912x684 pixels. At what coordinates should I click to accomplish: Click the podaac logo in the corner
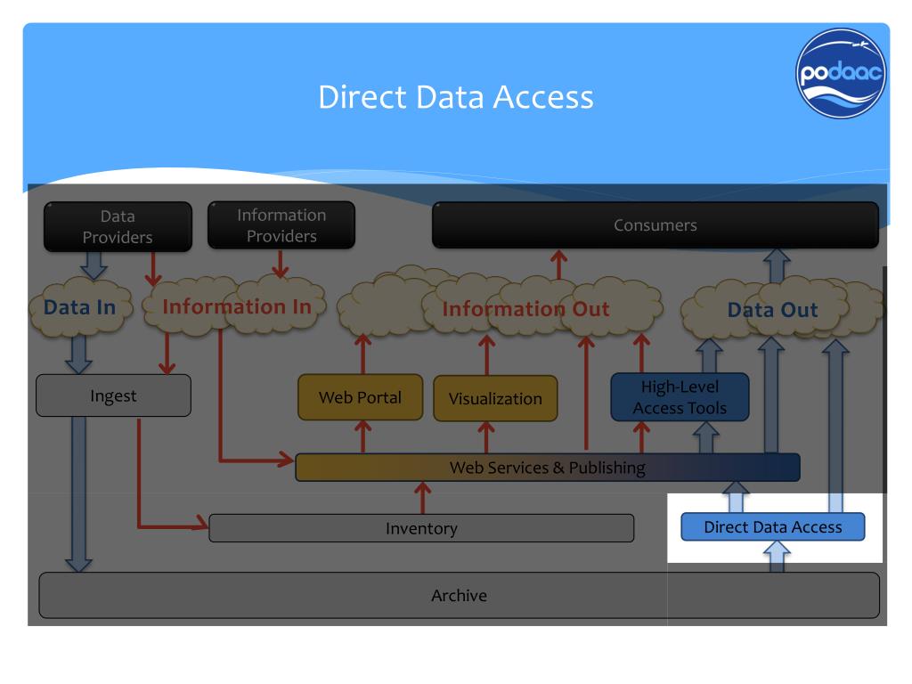coord(841,74)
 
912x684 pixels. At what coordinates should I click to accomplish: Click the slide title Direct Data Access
coord(455,96)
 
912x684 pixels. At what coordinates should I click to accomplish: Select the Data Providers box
coord(118,226)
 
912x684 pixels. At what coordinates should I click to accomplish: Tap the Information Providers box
coord(281,225)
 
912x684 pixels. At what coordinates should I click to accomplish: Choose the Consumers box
coord(655,225)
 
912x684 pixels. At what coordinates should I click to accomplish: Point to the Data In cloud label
coord(80,308)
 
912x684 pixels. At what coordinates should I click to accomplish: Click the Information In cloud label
coord(237,307)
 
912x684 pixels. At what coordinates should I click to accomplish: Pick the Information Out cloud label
coord(525,310)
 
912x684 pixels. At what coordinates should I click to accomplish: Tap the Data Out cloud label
coord(772,311)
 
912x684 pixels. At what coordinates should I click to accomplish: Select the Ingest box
coord(113,395)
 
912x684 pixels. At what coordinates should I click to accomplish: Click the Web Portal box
coord(360,397)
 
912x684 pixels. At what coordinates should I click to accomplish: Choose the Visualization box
coord(495,398)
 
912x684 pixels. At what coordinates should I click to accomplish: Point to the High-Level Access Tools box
coord(680,397)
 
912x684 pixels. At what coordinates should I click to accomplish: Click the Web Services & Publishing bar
coord(547,468)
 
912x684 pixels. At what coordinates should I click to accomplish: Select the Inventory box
coord(421,528)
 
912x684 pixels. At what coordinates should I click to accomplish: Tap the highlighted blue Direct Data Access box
coord(772,526)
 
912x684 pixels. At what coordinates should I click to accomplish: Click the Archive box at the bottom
coord(459,595)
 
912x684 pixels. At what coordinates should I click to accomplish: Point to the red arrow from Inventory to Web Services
coord(423,497)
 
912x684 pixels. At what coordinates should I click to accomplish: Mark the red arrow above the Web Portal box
coord(363,354)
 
